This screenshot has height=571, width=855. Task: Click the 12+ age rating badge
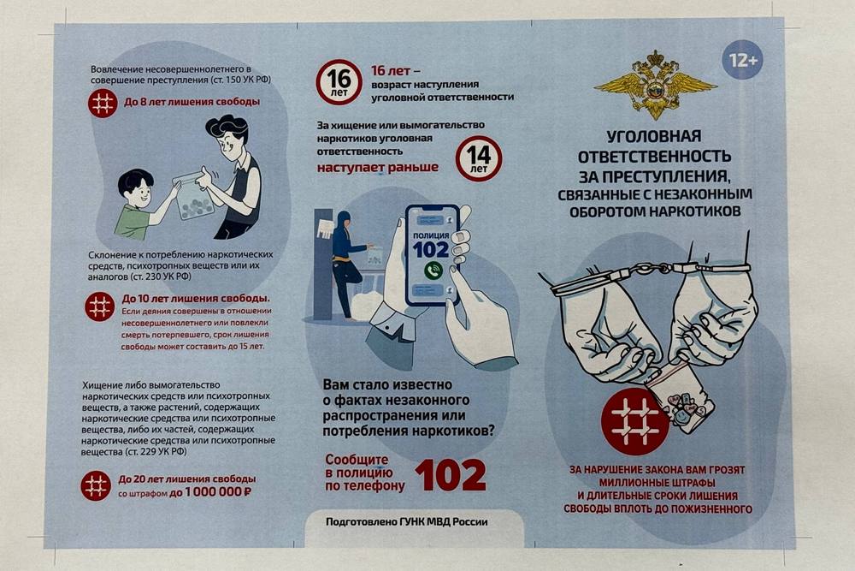click(x=742, y=60)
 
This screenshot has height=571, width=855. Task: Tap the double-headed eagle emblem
click(x=656, y=85)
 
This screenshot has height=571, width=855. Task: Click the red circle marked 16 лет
click(x=339, y=82)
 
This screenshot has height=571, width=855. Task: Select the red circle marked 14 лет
click(x=479, y=158)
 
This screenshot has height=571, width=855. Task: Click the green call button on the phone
click(x=433, y=271)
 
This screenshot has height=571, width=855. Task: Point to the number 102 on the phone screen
click(x=431, y=249)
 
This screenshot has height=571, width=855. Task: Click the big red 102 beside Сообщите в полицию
click(x=451, y=475)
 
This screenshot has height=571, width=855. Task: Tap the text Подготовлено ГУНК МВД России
click(x=407, y=522)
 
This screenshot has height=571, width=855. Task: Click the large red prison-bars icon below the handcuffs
click(x=635, y=422)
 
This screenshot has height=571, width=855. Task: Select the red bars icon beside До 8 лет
click(x=103, y=103)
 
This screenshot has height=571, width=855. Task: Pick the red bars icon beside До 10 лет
click(x=100, y=306)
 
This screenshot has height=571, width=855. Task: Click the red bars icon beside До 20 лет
click(x=96, y=485)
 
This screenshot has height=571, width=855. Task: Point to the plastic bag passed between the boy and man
click(x=192, y=196)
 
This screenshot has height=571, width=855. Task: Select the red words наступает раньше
click(x=377, y=167)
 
